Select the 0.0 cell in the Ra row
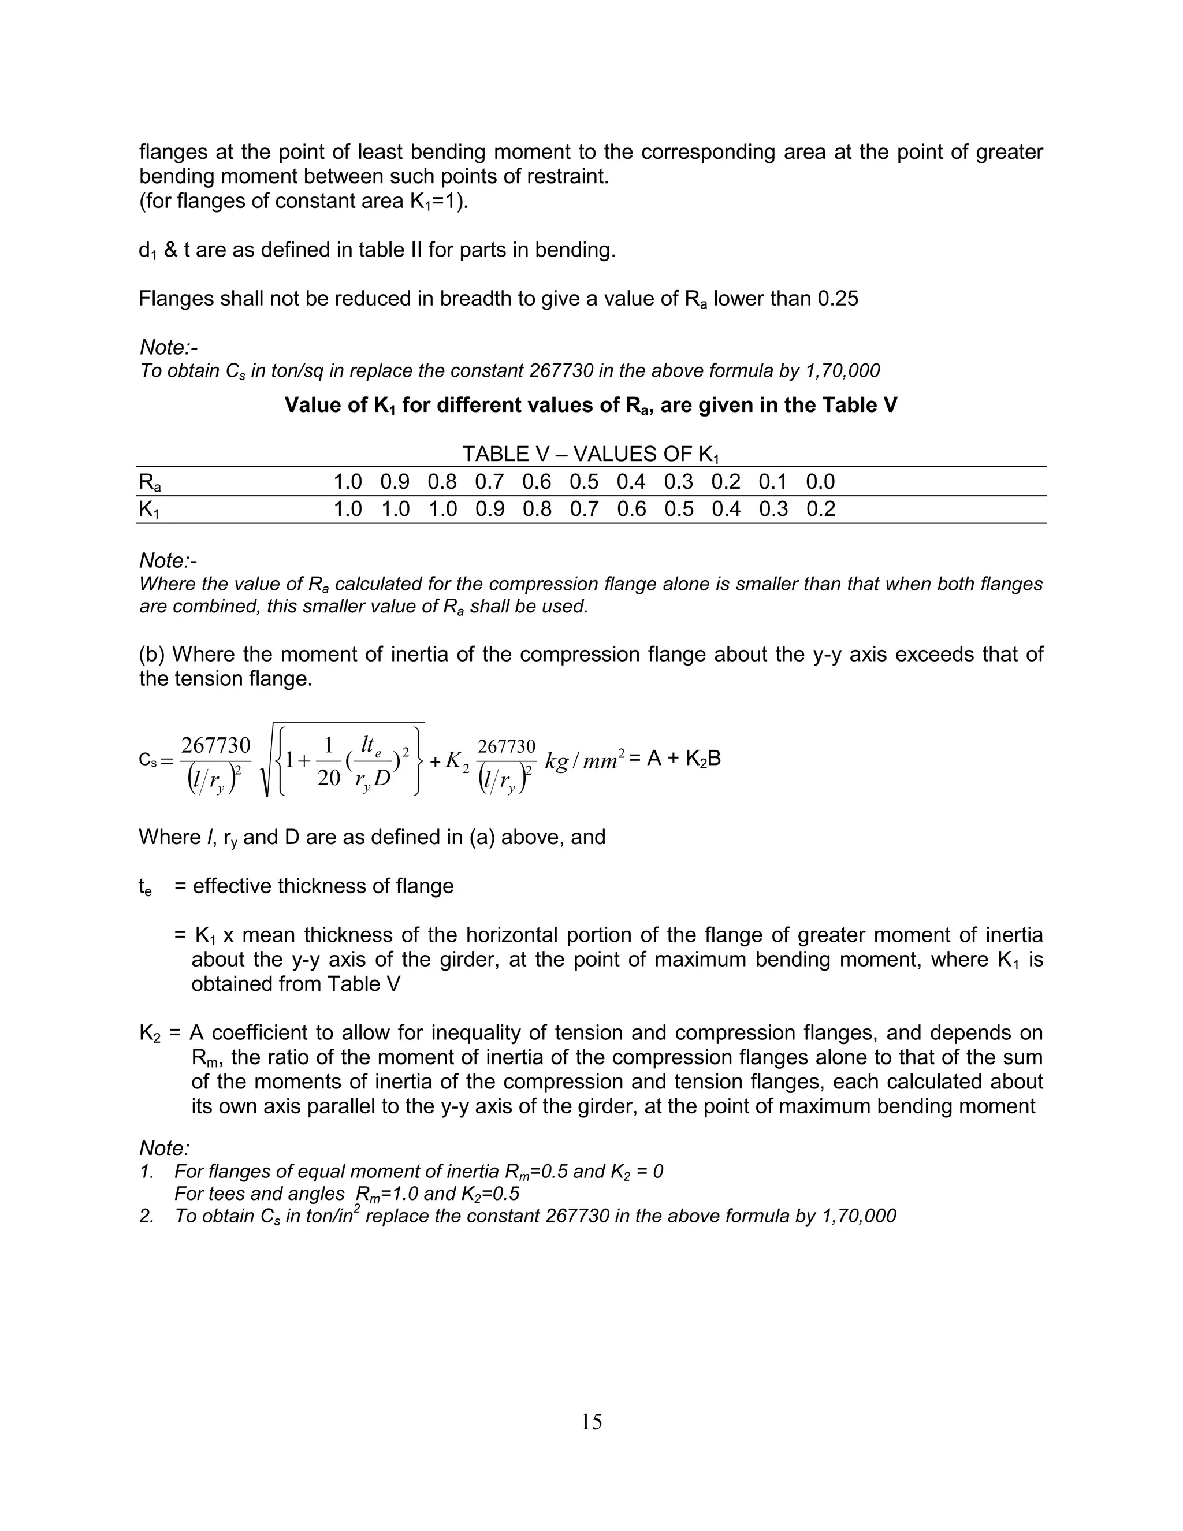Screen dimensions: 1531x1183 coord(820,482)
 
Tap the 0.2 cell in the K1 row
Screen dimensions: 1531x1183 coord(820,509)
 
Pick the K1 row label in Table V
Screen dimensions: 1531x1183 coord(149,510)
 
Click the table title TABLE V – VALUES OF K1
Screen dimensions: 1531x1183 coord(590,454)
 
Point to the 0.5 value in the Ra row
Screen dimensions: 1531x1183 coord(584,482)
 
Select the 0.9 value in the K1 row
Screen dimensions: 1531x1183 coord(489,509)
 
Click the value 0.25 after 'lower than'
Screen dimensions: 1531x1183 coord(838,299)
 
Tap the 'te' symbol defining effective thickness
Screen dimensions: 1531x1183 coord(145,887)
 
